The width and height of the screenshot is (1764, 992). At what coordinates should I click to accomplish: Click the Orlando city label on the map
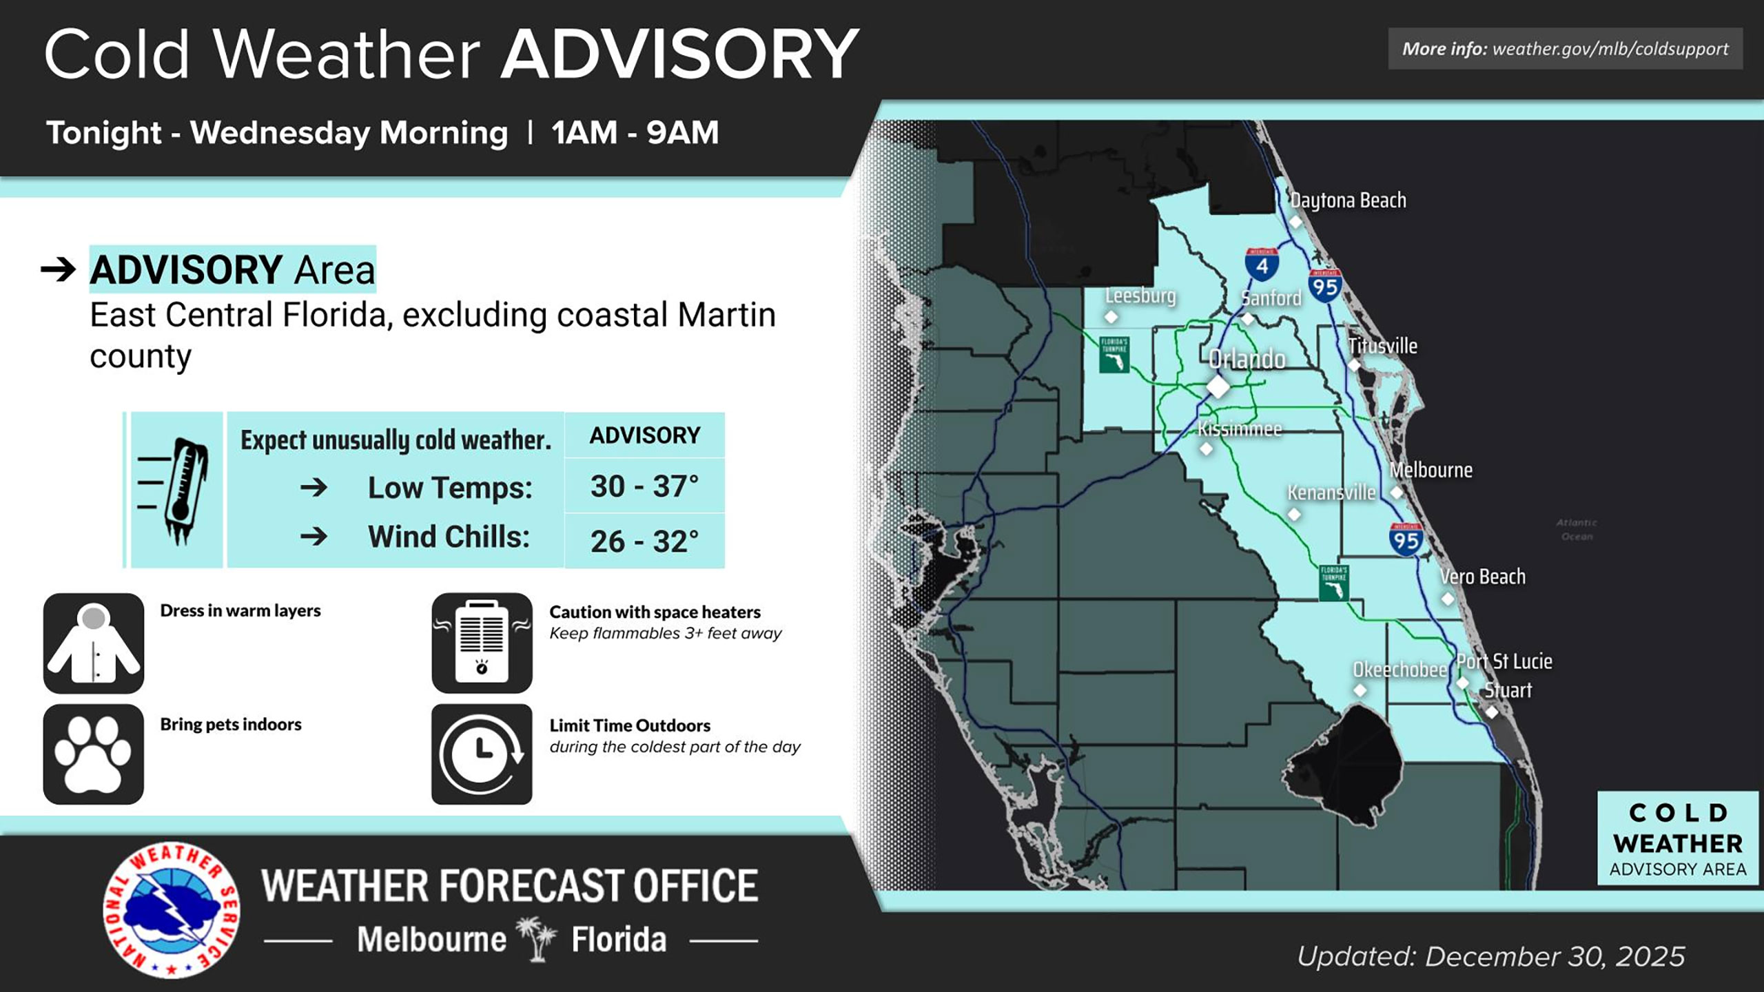[x=1247, y=359]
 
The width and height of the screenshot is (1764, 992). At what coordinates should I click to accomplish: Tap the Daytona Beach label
[x=1348, y=200]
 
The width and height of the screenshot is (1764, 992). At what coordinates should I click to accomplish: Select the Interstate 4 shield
[x=1262, y=264]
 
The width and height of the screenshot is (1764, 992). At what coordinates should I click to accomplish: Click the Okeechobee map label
[x=1399, y=670]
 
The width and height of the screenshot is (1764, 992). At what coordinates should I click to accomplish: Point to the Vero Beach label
[x=1482, y=577]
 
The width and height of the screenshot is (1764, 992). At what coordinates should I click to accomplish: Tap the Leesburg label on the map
[x=1140, y=296]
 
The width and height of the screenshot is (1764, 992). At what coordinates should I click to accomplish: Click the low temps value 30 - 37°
[x=644, y=486]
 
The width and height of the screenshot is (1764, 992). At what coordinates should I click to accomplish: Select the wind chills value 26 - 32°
[x=644, y=541]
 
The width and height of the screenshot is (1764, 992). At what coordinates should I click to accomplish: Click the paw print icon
[x=94, y=754]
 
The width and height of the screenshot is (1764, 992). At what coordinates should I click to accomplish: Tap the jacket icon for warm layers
[x=94, y=643]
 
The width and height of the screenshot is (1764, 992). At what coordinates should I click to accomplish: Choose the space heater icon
[x=482, y=643]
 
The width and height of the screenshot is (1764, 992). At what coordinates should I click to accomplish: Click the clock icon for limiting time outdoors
[x=482, y=754]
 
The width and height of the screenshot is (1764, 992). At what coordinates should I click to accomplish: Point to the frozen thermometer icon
[x=177, y=490]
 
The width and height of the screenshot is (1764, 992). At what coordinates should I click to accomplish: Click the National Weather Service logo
[x=172, y=909]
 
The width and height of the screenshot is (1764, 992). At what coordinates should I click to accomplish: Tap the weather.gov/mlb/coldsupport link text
[x=1610, y=49]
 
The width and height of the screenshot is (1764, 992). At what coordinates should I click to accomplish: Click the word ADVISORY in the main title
[x=679, y=54]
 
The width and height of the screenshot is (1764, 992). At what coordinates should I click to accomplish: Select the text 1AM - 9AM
[x=635, y=132]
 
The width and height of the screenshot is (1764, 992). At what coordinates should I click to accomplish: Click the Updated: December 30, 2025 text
[x=1491, y=956]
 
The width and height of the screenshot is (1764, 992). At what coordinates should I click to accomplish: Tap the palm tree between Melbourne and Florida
[x=537, y=938]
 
